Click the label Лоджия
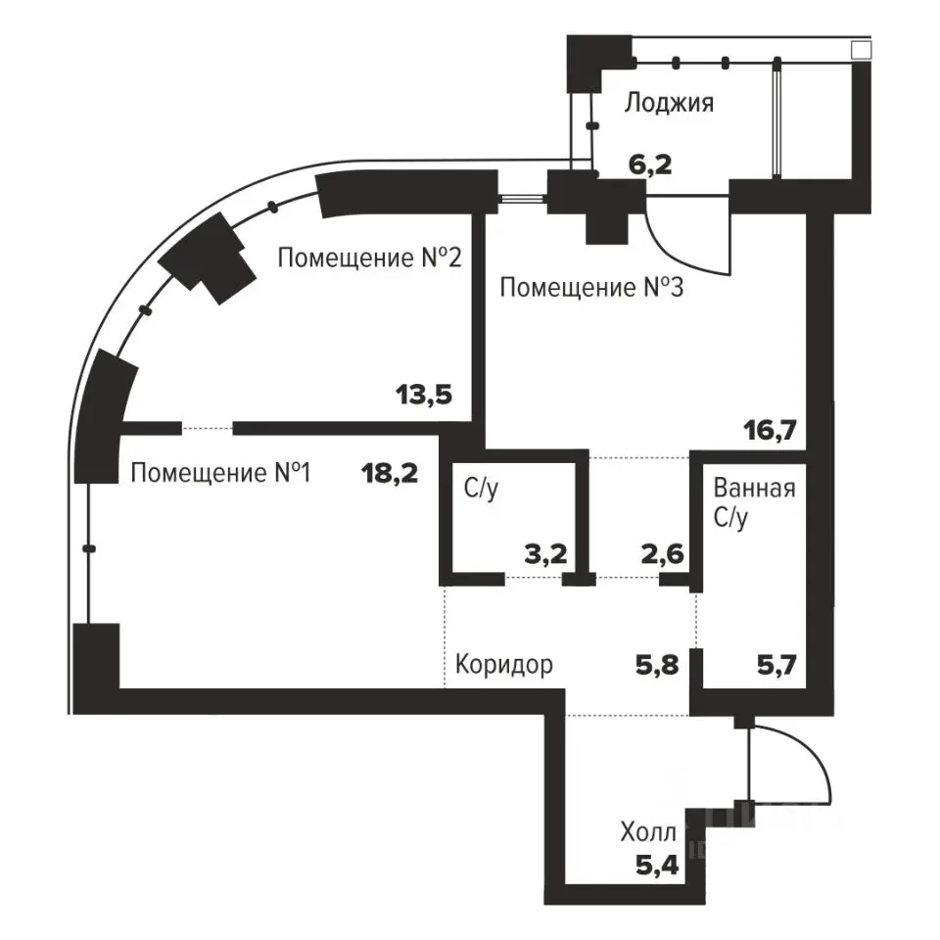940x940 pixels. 669,103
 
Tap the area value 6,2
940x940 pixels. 650,164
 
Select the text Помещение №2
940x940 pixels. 370,258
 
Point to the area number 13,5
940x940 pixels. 424,395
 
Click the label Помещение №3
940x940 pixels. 591,287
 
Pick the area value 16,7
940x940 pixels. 770,430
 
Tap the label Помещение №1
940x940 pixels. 220,473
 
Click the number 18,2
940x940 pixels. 390,473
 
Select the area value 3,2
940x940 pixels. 545,554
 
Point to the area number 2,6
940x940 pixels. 663,554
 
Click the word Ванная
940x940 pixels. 754,489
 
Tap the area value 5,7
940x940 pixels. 776,665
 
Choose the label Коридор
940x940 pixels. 504,665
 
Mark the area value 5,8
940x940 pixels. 657,665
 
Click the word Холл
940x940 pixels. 648,832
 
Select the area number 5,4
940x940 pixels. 657,865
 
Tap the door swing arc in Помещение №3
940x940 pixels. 672,252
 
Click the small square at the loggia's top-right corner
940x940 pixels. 861,50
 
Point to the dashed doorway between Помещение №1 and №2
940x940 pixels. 208,428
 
